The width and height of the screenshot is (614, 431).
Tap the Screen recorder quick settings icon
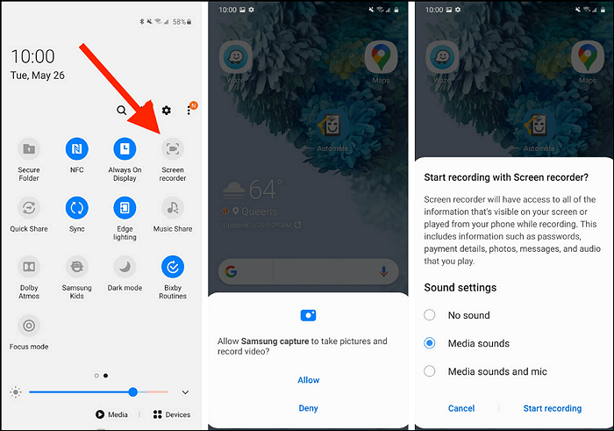click(x=173, y=149)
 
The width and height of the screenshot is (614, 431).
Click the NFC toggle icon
click(x=77, y=149)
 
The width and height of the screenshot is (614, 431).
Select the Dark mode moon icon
click(x=125, y=267)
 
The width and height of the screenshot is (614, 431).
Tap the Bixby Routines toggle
click(x=173, y=267)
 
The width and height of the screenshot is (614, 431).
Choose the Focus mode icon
click(x=29, y=326)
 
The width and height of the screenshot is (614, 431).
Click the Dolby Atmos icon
click(x=29, y=267)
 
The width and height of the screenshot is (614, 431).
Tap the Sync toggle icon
click(x=77, y=208)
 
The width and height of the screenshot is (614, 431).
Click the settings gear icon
click(x=166, y=111)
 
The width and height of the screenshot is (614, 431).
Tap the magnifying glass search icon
click(x=122, y=111)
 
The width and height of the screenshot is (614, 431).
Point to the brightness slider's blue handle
click(x=132, y=391)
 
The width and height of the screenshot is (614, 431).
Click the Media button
click(x=111, y=414)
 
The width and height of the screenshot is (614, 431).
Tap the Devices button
click(x=171, y=414)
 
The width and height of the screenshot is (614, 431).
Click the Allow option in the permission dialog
click(x=308, y=380)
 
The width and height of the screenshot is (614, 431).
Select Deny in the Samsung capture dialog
click(x=308, y=408)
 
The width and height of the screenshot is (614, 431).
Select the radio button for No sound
click(x=430, y=315)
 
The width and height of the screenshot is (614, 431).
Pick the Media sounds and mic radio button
click(x=430, y=371)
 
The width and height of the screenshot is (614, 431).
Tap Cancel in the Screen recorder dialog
click(x=460, y=408)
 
